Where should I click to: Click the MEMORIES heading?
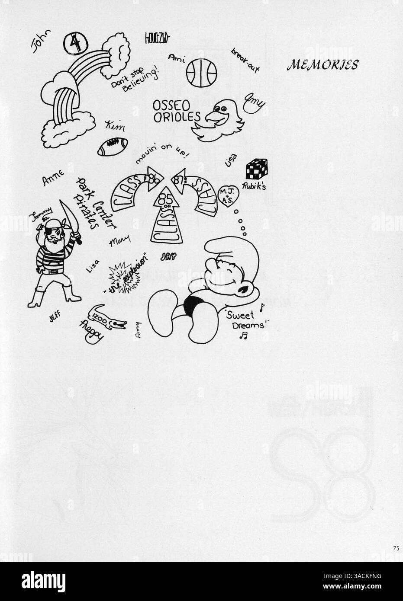[322, 65]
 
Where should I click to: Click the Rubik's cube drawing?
[256, 169]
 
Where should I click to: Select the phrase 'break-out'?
[243, 58]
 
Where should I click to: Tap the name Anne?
[53, 178]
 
